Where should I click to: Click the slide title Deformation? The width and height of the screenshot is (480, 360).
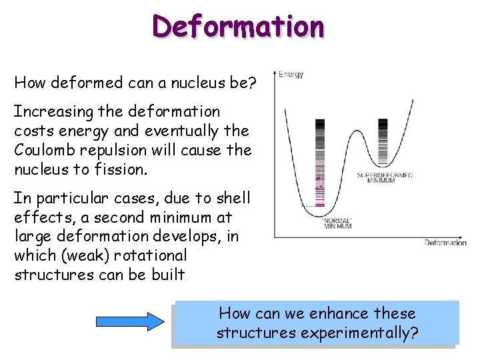point(239,26)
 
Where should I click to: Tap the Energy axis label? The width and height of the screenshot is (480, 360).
point(291,75)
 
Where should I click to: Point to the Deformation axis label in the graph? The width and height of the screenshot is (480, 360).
point(445,243)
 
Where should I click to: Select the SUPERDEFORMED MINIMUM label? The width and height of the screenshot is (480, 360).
point(385,178)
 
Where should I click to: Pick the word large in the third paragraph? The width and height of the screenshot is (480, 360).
point(32,237)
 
